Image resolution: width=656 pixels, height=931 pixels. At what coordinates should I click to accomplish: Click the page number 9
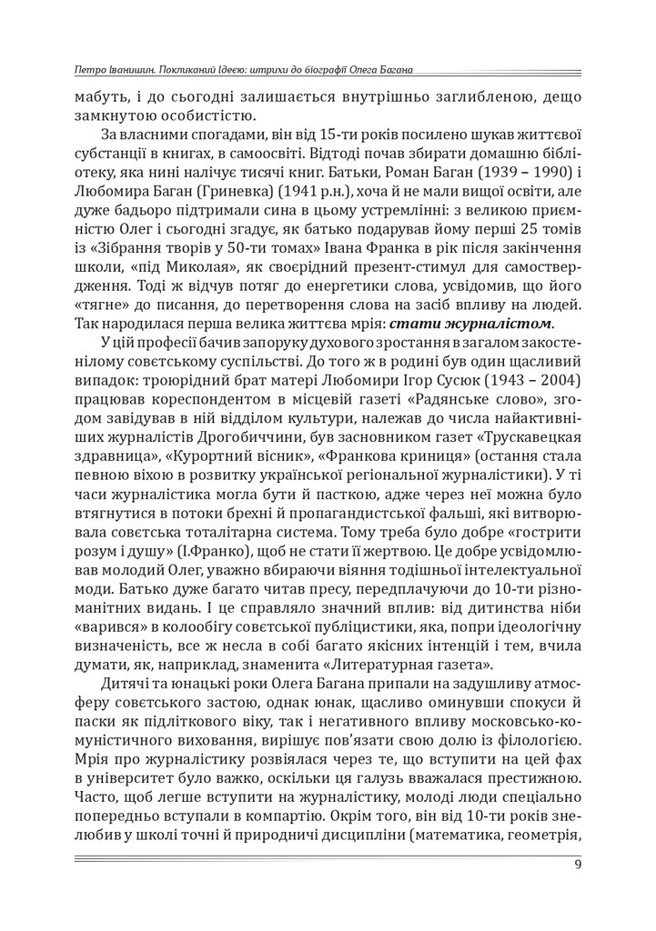pyautogui.click(x=579, y=865)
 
